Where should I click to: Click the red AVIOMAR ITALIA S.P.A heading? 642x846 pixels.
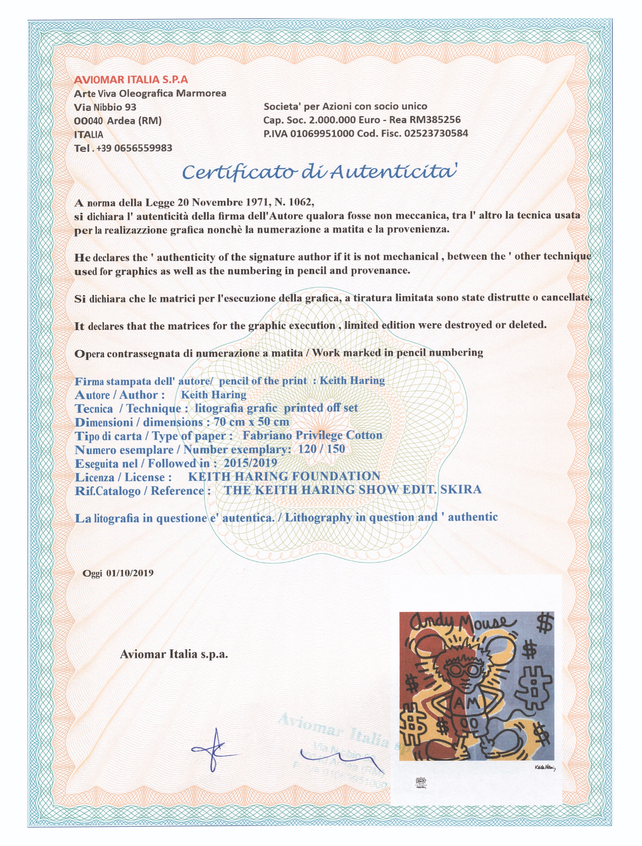[x=131, y=80]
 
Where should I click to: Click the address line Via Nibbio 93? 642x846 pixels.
[x=105, y=107]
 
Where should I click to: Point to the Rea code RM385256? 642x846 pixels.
[x=435, y=120]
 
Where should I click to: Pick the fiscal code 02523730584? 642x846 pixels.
[x=436, y=133]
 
